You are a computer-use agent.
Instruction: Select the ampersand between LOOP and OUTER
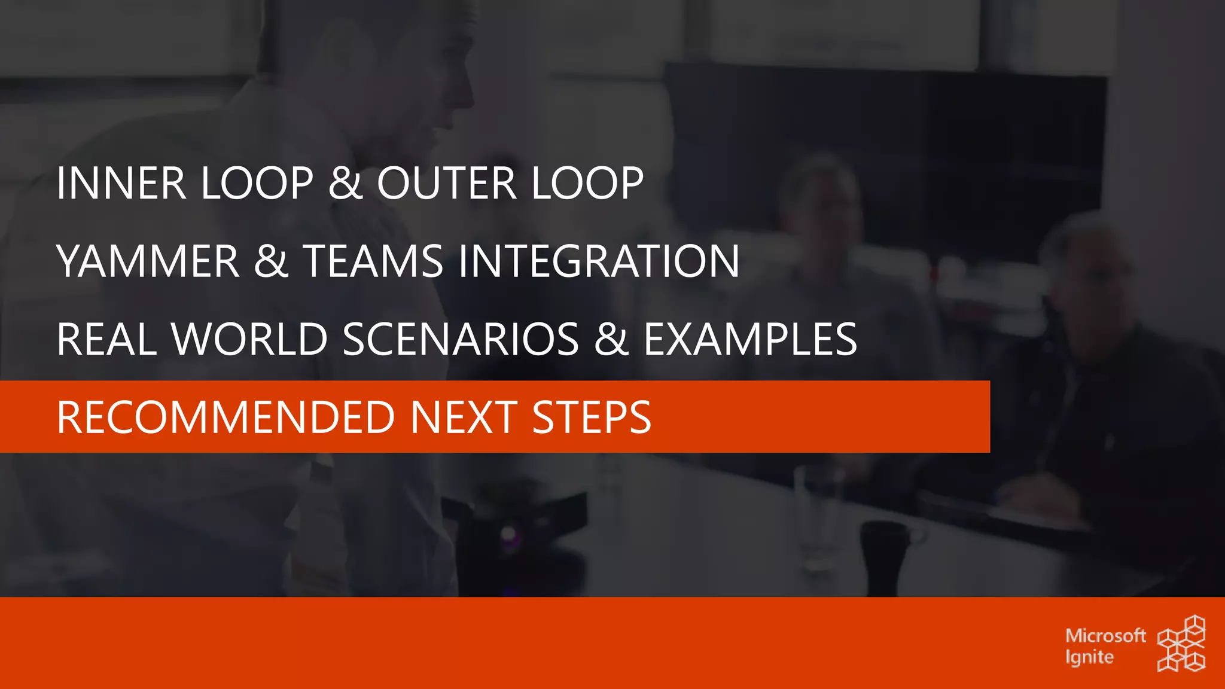[346, 183]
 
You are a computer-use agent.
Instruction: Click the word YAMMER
[148, 261]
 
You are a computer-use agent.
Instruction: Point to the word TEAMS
[373, 261]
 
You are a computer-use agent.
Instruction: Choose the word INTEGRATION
[599, 261]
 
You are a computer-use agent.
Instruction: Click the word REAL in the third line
[106, 340]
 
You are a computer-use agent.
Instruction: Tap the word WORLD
[249, 340]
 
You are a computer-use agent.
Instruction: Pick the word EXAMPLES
[750, 340]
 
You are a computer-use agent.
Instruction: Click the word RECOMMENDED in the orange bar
[226, 417]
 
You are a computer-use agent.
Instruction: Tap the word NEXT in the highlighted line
[464, 417]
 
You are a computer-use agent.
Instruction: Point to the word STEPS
[591, 417]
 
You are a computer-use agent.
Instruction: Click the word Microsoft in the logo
[1105, 635]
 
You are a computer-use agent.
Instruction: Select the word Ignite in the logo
[1089, 657]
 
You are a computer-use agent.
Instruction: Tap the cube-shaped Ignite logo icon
[1181, 644]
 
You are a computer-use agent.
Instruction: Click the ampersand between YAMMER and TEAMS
[271, 261]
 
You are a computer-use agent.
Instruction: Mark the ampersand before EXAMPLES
[611, 340]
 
